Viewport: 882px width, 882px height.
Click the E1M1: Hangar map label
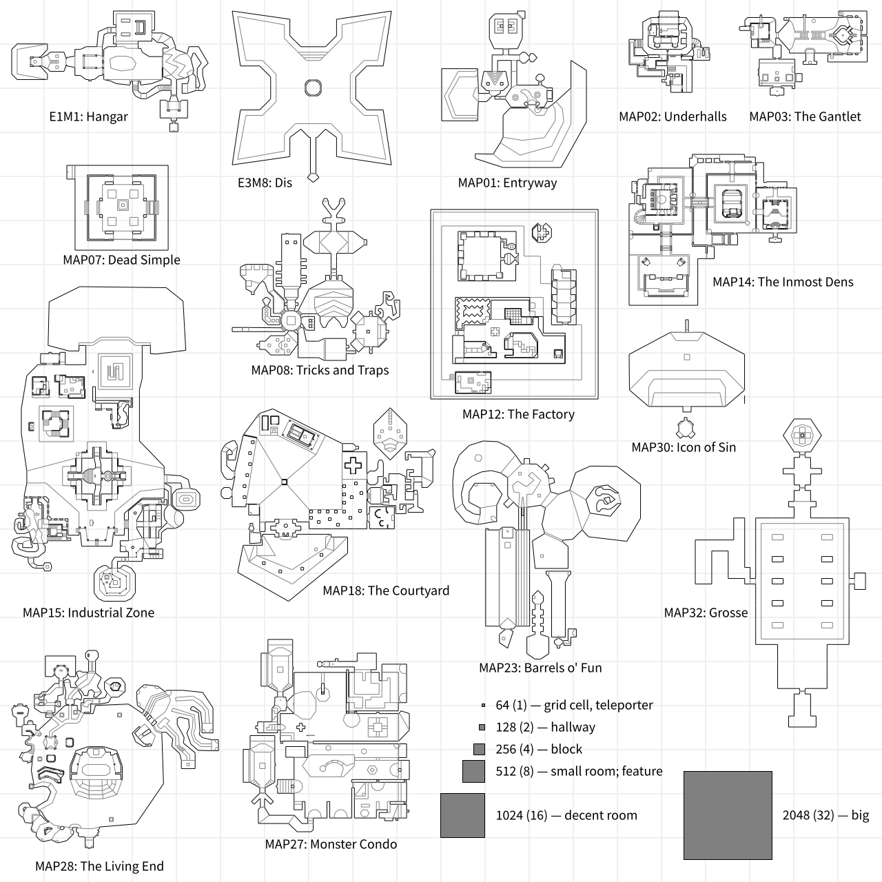[88, 116]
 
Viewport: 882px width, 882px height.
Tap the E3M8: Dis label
[265, 183]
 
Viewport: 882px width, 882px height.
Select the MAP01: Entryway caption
[507, 183]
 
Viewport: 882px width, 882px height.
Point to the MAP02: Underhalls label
[673, 116]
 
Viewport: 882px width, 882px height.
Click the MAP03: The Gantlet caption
[805, 116]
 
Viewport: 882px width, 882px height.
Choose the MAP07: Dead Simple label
[121, 260]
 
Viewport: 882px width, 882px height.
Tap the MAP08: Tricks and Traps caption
[320, 370]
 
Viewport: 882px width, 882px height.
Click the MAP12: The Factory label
[518, 414]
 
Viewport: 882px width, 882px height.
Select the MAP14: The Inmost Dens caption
[783, 282]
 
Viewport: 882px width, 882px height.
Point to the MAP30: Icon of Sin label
[684, 447]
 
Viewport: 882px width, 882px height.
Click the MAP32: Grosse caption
[706, 613]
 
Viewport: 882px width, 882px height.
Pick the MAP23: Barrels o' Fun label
[540, 668]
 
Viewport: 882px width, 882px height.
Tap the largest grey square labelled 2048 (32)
[728, 815]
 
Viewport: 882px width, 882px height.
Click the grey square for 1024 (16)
[462, 815]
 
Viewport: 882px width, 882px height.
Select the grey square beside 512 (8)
[473, 771]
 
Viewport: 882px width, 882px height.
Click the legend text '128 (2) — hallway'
[545, 727]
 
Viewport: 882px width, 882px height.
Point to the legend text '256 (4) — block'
[539, 749]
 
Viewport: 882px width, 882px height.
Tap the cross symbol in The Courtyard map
[352, 466]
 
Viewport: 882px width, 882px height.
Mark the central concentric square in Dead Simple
[122, 205]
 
